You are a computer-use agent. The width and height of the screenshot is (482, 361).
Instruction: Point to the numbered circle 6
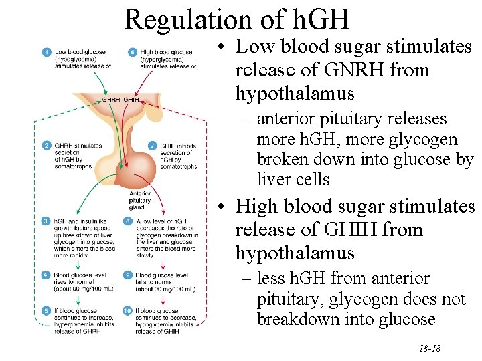pyautogui.click(x=133, y=52)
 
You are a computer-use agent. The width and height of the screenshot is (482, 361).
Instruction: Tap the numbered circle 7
pyautogui.click(x=153, y=145)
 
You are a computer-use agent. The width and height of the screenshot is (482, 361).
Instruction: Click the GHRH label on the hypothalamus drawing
pyautogui.click(x=111, y=100)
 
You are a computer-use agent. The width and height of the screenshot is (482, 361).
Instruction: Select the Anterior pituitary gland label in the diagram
pyautogui.click(x=140, y=199)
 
